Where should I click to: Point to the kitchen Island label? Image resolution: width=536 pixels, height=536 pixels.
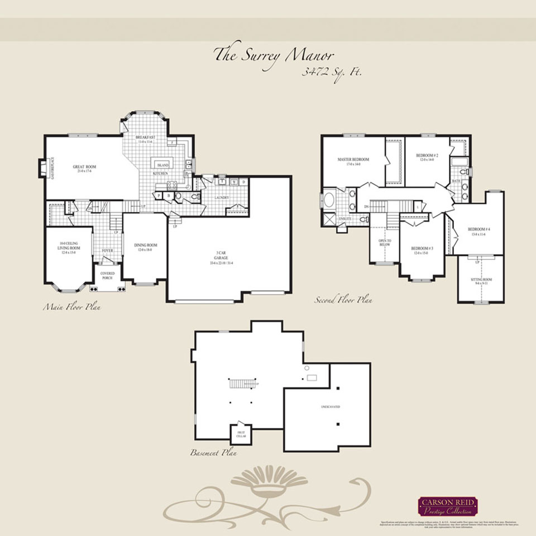162,166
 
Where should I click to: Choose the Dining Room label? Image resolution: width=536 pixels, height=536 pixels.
145,246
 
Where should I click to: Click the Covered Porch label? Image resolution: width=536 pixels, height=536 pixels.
107,275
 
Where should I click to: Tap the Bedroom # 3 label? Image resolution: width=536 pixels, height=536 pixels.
423,249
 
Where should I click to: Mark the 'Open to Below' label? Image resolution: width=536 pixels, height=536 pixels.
385,242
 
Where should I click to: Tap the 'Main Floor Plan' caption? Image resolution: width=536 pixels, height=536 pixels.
72,307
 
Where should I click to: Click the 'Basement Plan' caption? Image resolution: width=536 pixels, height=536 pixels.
214,453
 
